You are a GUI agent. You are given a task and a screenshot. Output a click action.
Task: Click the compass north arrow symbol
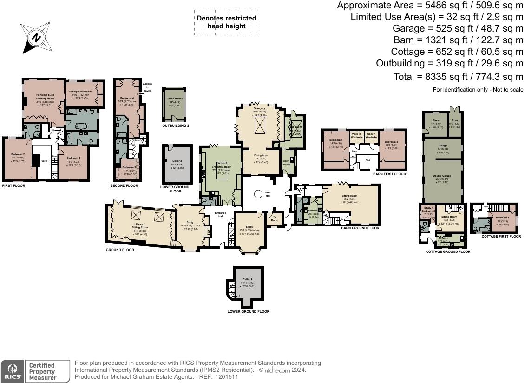35,37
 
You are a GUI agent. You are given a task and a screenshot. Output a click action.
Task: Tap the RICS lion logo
12,371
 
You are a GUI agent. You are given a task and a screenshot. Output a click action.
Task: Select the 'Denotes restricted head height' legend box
226,22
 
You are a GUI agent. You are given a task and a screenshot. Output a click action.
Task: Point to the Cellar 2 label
177,161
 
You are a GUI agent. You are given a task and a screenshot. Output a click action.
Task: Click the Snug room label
189,222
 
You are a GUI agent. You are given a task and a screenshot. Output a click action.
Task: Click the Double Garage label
441,176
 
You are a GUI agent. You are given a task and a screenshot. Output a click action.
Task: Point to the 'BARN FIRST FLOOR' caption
389,174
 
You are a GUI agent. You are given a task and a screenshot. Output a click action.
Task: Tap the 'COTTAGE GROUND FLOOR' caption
448,251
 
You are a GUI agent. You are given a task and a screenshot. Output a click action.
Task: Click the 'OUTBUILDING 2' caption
176,125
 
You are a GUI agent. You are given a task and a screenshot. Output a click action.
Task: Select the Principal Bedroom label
80,92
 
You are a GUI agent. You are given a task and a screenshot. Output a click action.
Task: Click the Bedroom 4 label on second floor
127,99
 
